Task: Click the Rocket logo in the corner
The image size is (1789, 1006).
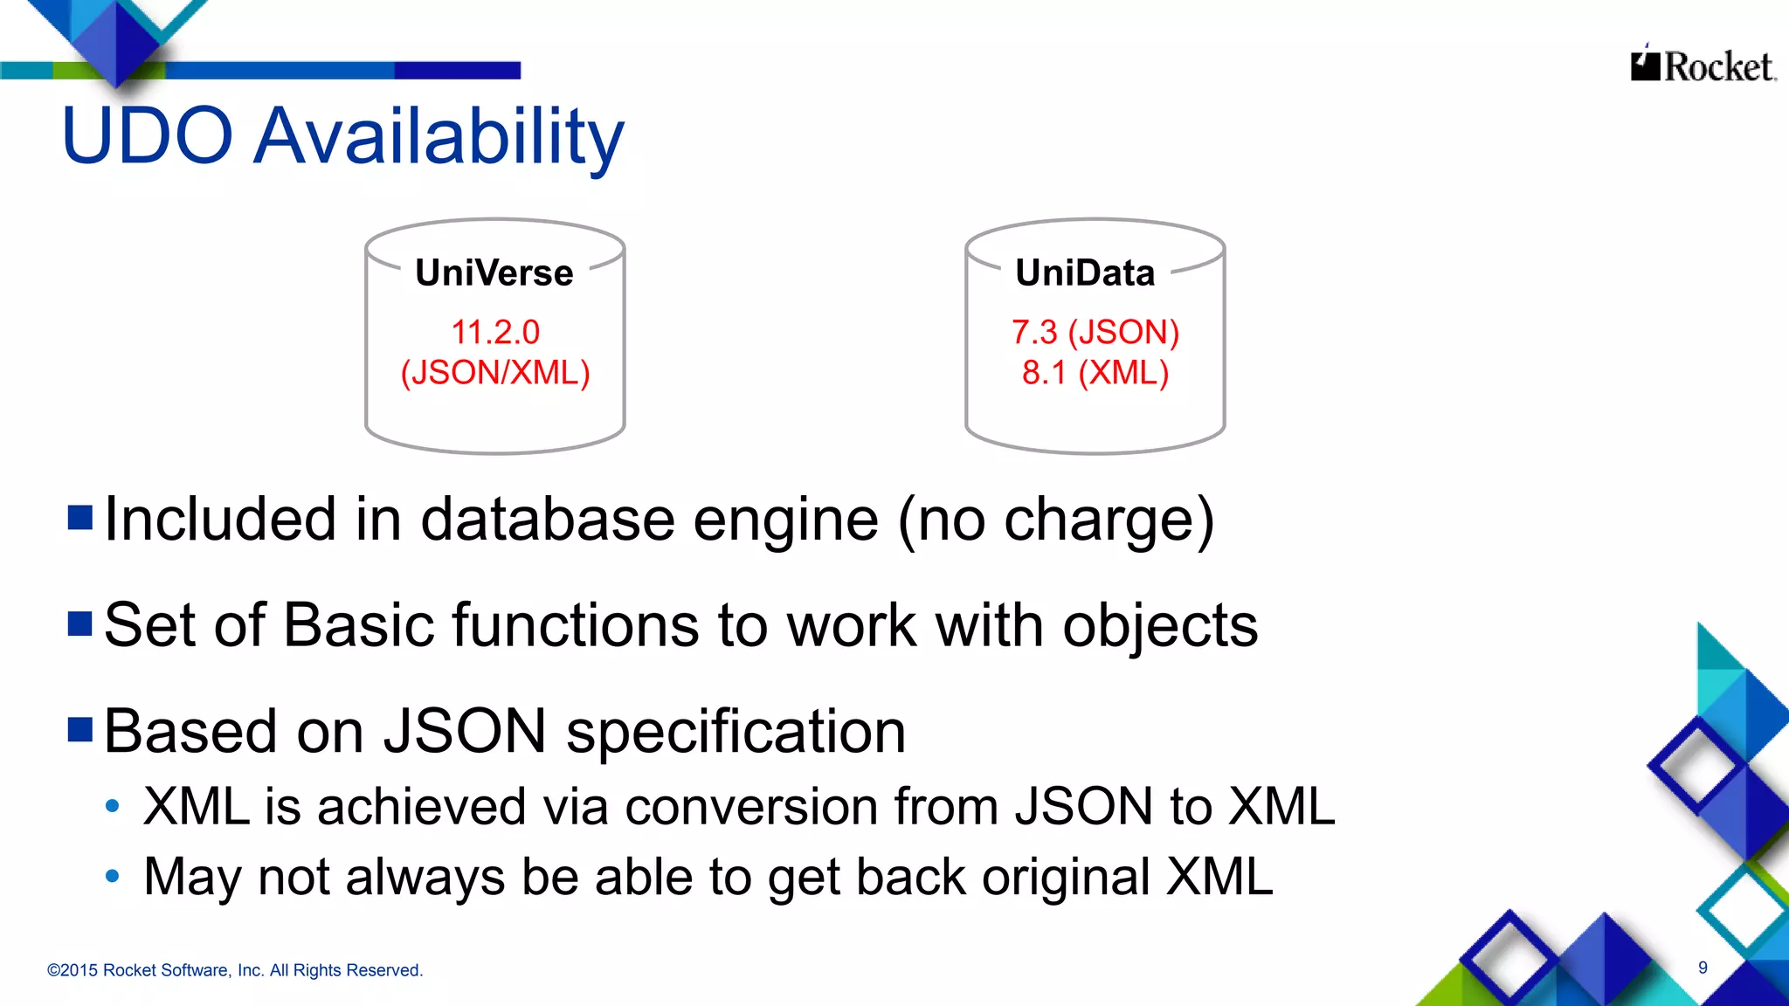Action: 1703,65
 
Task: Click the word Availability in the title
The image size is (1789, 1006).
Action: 439,137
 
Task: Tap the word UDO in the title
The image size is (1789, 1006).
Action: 147,137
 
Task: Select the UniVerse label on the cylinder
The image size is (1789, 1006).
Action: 494,273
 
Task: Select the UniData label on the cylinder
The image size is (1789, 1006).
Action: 1085,273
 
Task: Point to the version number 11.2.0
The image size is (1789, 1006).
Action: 495,332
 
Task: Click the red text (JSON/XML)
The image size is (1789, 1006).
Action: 495,373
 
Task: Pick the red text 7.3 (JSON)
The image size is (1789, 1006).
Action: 1095,332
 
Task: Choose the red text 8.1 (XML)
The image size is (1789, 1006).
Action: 1095,373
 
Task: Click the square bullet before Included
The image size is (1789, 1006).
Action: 80,518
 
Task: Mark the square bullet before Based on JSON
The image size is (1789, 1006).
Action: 80,729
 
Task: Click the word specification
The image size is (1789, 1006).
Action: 736,733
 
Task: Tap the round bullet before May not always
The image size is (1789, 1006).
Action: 112,876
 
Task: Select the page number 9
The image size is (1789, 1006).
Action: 1703,968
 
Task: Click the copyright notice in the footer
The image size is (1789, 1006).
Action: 235,970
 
